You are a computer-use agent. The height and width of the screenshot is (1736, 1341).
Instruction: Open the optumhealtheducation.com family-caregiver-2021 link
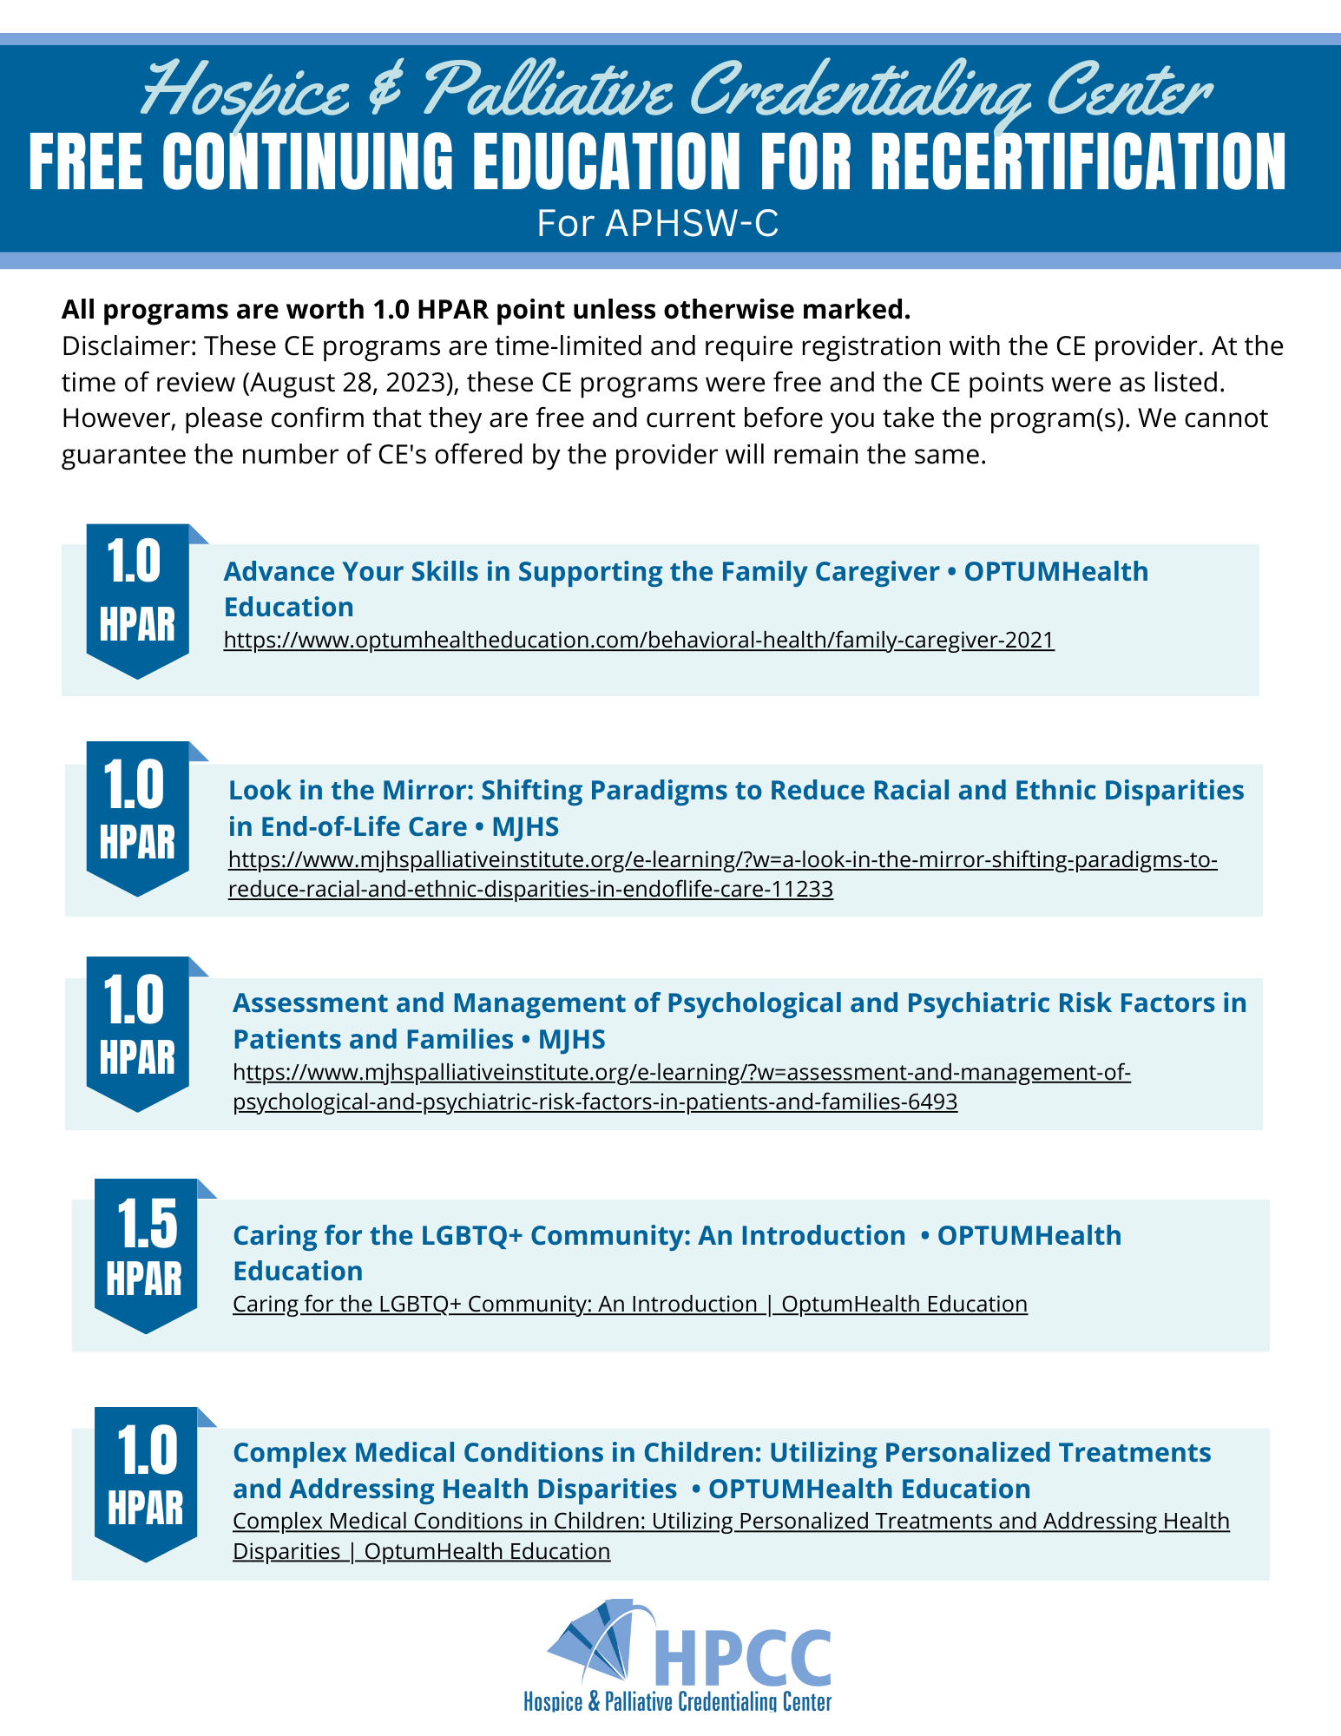(x=639, y=641)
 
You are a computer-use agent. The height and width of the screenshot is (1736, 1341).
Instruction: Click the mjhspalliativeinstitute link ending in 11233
(x=722, y=874)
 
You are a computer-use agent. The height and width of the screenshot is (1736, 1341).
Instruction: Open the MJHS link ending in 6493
(x=681, y=1087)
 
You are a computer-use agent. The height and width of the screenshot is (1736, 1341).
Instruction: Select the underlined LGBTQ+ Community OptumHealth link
(x=629, y=1304)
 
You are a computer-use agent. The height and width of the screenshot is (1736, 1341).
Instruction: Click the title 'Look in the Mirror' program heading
(x=735, y=807)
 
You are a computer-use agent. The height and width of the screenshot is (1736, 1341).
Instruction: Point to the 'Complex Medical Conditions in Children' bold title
(x=721, y=1470)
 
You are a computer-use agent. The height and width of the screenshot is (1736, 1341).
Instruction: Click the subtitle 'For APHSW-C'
(x=657, y=223)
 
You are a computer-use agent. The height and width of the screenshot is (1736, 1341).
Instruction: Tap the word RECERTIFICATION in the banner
(x=1078, y=162)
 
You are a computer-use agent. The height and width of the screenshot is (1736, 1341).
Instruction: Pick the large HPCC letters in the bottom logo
(x=742, y=1658)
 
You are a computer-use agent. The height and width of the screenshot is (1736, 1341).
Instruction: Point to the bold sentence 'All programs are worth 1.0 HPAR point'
(x=486, y=309)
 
